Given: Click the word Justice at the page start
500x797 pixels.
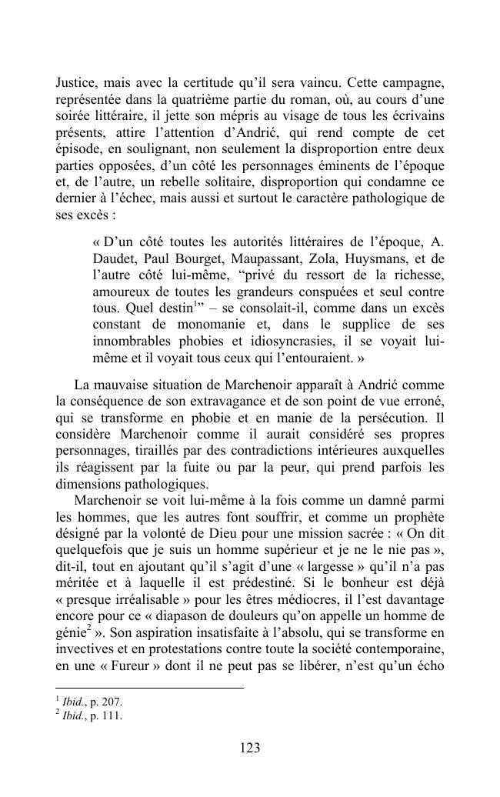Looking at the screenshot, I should coord(75,82).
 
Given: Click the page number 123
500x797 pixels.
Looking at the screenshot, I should coord(250,748).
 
